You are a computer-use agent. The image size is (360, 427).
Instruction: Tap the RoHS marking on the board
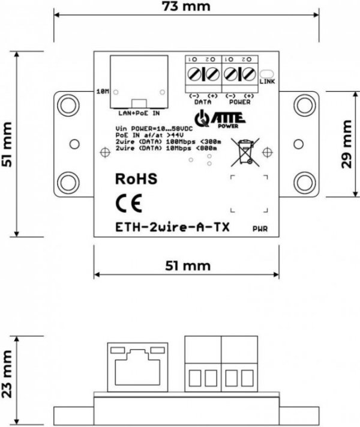(135, 179)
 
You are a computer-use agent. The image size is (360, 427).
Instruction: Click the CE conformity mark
(128, 204)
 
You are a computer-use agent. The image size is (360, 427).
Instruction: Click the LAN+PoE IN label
(138, 112)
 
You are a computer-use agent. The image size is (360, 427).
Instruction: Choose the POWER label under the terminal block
(239, 102)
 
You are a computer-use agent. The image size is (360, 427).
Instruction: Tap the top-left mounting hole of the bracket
(65, 106)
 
